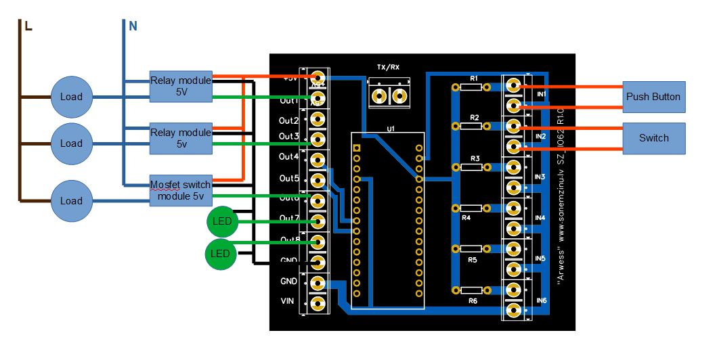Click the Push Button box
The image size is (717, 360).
tap(653, 97)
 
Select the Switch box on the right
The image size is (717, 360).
tap(653, 138)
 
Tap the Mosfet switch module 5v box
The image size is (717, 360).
tap(180, 190)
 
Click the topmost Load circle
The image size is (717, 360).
tap(71, 97)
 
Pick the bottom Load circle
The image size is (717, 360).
tap(71, 201)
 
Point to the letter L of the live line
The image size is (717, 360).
tap(28, 26)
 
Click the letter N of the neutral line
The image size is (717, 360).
tap(133, 26)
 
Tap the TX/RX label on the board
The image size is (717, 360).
tap(388, 67)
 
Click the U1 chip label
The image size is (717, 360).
tap(391, 128)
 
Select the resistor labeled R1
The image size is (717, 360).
tap(474, 87)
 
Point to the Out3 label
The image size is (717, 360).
tap(289, 137)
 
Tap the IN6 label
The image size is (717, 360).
tap(541, 300)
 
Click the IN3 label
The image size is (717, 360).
tap(540, 177)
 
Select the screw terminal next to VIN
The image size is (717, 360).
tap(317, 302)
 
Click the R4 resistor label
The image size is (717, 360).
tap(466, 218)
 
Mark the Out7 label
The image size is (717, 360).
tap(289, 219)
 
